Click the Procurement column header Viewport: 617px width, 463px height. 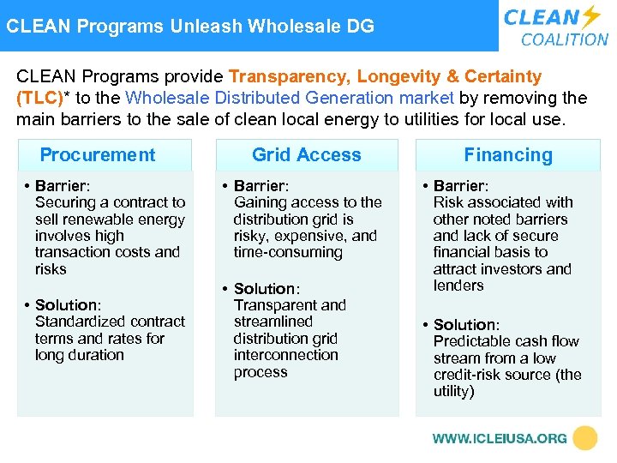coord(98,155)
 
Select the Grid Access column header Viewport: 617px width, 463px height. coord(307,155)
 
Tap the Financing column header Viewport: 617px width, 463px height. coord(508,155)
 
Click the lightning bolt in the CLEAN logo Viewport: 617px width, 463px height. coord(591,17)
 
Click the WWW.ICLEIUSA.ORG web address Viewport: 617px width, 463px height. coord(499,438)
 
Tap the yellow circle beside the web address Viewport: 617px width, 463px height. coord(585,438)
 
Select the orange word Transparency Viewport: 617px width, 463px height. coord(286,77)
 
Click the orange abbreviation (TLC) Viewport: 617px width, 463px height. coord(40,98)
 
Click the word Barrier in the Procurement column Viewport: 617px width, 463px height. coord(62,186)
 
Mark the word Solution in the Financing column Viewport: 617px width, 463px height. coord(465,325)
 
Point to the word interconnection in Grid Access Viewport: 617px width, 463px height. coord(285,355)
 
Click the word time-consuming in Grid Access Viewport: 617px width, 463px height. coord(288,252)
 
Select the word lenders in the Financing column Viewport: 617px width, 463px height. coord(458,286)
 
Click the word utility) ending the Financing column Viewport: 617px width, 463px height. coord(454,391)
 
